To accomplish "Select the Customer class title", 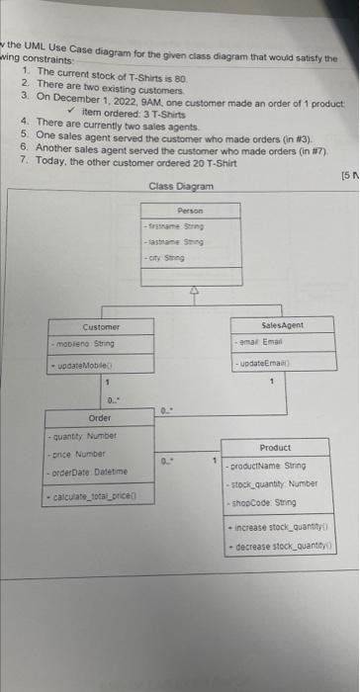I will [102, 326].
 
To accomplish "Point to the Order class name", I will [100, 418].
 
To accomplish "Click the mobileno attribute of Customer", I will [86, 343].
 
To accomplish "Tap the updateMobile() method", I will [88, 368].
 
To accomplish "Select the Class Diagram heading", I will [181, 186].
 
